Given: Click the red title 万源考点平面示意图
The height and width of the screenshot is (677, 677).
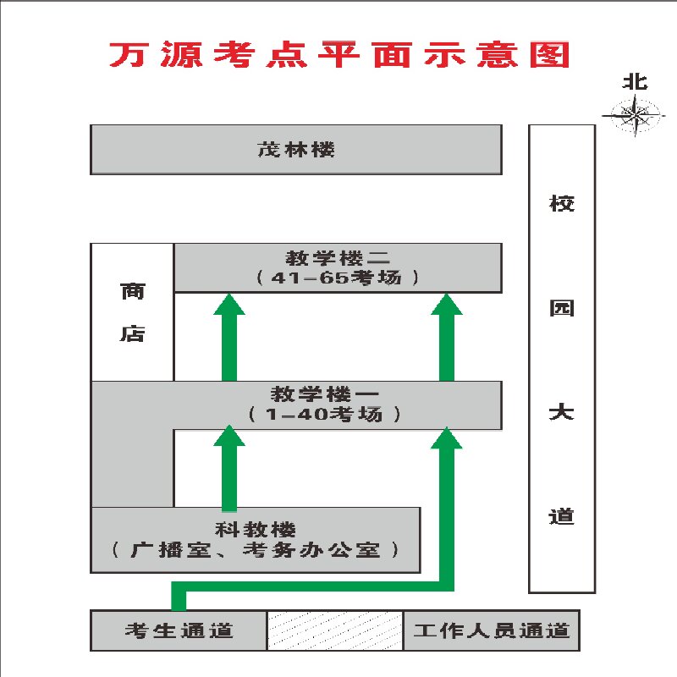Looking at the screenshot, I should [x=338, y=54].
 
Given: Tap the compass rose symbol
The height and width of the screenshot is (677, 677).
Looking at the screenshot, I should [x=634, y=113].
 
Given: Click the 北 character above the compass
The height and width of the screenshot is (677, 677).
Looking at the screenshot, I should [x=635, y=82].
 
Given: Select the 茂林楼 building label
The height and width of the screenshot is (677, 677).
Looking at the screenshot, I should [x=296, y=150].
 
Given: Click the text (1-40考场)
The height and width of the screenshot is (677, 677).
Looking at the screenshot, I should [x=326, y=415].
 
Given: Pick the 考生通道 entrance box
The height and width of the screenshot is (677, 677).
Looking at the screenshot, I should [x=179, y=630].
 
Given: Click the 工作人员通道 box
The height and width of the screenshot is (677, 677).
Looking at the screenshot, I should [x=491, y=630].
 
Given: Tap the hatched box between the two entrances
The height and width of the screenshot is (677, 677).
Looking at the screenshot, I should [x=335, y=630].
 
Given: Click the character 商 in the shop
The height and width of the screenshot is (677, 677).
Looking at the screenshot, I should [x=132, y=292].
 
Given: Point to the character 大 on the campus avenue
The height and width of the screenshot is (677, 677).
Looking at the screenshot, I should [x=561, y=413].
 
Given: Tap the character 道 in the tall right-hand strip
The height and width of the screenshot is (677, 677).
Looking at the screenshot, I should [x=561, y=515].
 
